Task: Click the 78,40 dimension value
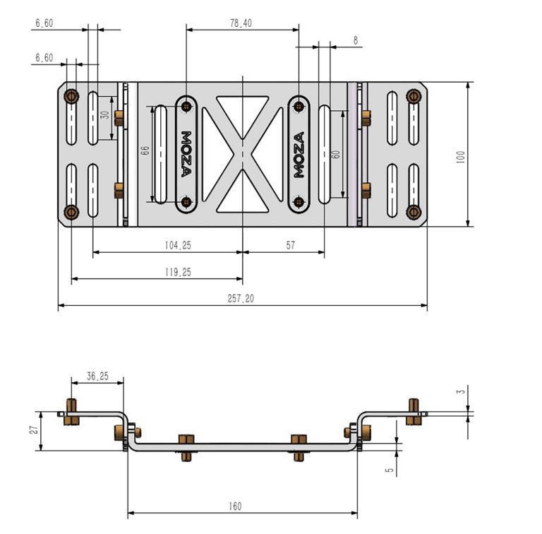point(241,23)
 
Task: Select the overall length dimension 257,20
point(241,299)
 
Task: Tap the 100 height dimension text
point(461,156)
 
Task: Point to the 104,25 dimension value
point(176,245)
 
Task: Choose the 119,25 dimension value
point(176,271)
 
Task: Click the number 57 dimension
point(291,245)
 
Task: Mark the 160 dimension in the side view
point(235,506)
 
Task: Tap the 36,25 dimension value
point(97,376)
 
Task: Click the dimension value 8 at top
point(355,41)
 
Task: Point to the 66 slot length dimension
point(145,150)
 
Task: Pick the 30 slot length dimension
point(104,115)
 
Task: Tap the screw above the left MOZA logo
point(186,107)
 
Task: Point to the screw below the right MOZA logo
point(299,203)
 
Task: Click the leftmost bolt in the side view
point(71,413)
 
